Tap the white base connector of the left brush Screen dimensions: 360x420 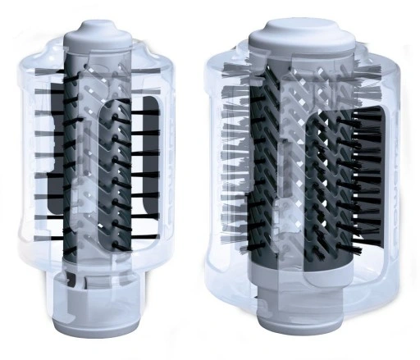tap(103, 303)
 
